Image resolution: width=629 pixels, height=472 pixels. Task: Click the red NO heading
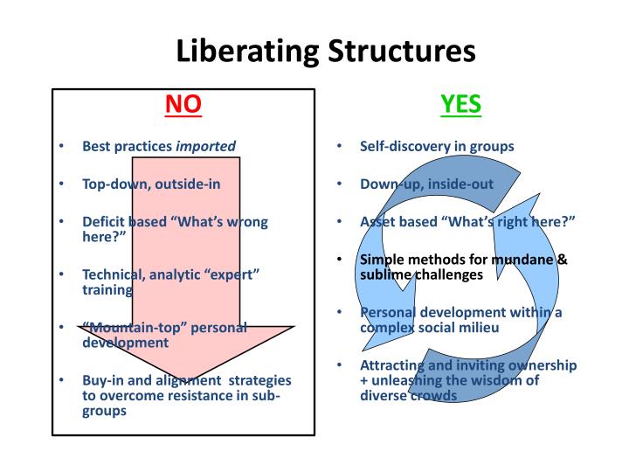[183, 105]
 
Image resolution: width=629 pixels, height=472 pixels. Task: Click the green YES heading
[461, 105]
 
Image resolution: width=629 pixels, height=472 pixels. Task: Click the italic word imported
[206, 146]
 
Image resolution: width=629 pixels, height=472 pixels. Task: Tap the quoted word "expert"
[230, 274]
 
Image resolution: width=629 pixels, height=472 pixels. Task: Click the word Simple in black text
[381, 260]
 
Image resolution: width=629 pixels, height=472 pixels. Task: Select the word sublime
[385, 274]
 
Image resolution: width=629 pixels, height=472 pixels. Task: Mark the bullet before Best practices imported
[62, 146]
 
